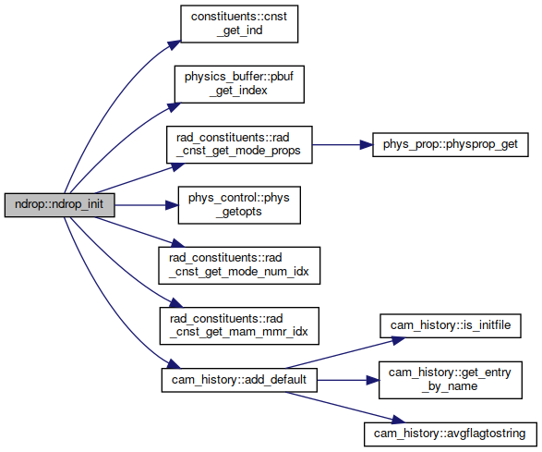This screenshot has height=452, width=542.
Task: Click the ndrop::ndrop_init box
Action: pyautogui.click(x=59, y=205)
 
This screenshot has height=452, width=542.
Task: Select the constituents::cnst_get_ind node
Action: pyautogui.click(x=239, y=24)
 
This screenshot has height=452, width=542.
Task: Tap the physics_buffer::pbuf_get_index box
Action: pyautogui.click(x=239, y=84)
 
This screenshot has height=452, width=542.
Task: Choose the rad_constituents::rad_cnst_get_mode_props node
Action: pyautogui.click(x=239, y=145)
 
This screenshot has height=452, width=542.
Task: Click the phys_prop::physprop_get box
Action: pyautogui.click(x=451, y=145)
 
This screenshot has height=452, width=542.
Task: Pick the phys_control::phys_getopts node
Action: pyautogui.click(x=239, y=205)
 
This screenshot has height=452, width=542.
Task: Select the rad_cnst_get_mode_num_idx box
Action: pyautogui.click(x=239, y=265)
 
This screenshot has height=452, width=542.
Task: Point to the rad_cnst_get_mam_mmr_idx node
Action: pyautogui.click(x=239, y=325)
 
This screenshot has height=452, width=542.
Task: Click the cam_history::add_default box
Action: pyautogui.click(x=239, y=380)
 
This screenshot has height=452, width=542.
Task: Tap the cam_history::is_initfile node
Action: pyautogui.click(x=451, y=325)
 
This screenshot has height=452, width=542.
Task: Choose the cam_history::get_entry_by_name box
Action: pyautogui.click(x=451, y=380)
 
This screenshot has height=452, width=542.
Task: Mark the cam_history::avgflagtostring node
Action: pyautogui.click(x=451, y=434)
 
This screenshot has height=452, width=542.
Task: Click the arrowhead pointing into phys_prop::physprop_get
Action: pyautogui.click(x=366, y=145)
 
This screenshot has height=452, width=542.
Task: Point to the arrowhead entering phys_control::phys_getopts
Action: pyautogui.click(x=172, y=205)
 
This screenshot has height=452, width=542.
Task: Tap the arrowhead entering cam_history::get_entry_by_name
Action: pyautogui.click(x=373, y=380)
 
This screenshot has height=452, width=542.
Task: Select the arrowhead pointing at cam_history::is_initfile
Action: pyautogui.click(x=398, y=340)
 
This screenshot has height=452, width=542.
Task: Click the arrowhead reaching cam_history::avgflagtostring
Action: pyautogui.click(x=398, y=420)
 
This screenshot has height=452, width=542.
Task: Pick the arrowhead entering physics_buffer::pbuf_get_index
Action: pyautogui.click(x=175, y=107)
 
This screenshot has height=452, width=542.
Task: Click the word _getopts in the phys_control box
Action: pyautogui.click(x=239, y=212)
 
